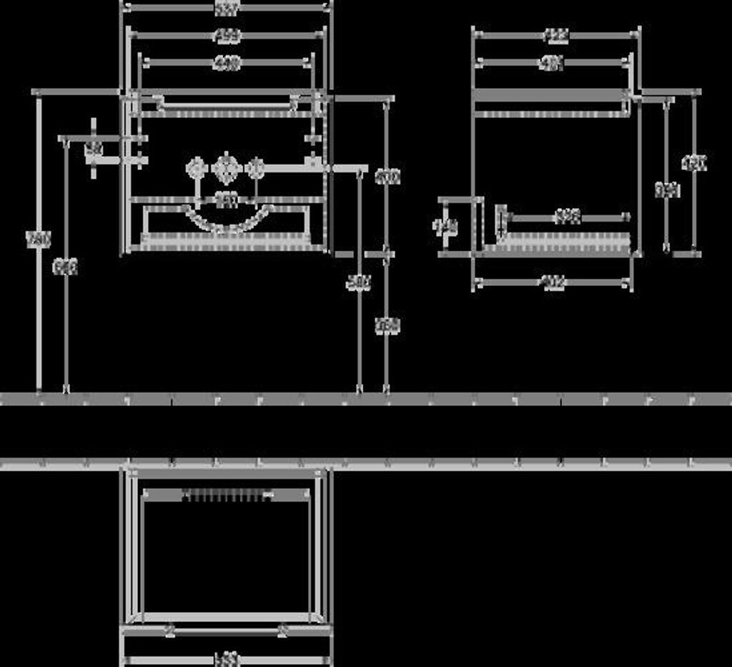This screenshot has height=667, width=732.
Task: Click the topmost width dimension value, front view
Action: tap(227, 6)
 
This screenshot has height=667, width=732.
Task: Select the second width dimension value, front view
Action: tap(227, 35)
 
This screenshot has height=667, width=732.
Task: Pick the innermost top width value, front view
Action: tap(227, 63)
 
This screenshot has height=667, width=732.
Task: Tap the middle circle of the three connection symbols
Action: tap(225, 169)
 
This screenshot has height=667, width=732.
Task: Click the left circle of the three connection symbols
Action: tap(195, 169)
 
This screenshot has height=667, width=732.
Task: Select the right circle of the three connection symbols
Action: tap(255, 169)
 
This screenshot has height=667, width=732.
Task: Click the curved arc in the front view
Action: tap(227, 222)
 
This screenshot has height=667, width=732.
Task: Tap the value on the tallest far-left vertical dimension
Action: tap(38, 239)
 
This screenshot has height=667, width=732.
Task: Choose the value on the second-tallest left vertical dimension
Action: tap(66, 267)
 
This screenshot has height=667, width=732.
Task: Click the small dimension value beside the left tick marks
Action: tap(94, 149)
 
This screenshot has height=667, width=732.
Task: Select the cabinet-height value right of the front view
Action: tap(387, 176)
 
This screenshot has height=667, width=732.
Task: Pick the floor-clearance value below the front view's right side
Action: tap(387, 325)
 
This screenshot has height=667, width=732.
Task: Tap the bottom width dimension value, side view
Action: tap(553, 282)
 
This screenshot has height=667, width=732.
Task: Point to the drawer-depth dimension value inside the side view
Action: tap(567, 216)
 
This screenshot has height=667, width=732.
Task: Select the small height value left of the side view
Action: tap(445, 227)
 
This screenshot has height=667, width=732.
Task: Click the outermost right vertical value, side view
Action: tap(694, 164)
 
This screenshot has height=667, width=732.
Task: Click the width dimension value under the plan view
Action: tap(227, 658)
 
